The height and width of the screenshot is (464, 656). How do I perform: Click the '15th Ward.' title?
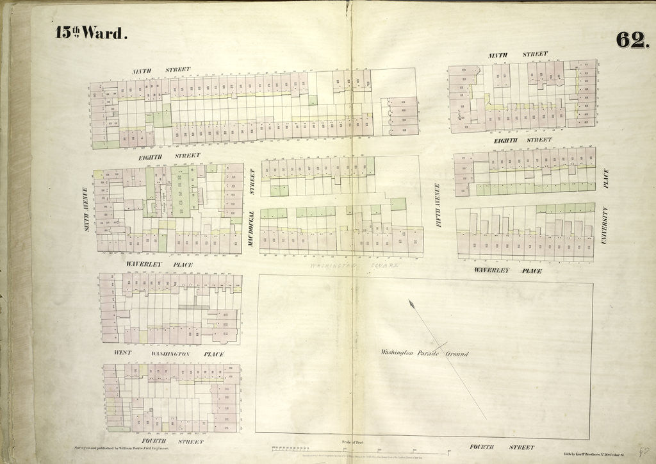pyautogui.click(x=91, y=34)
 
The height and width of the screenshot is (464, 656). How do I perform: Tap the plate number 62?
pyautogui.click(x=632, y=39)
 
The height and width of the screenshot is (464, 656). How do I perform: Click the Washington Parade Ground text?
pyautogui.click(x=424, y=353)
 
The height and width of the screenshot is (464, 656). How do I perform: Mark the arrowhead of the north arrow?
pyautogui.click(x=411, y=302)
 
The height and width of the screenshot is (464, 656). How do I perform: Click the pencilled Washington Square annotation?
pyautogui.click(x=354, y=264)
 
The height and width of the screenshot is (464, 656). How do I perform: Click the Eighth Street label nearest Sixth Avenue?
pyautogui.click(x=169, y=156)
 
